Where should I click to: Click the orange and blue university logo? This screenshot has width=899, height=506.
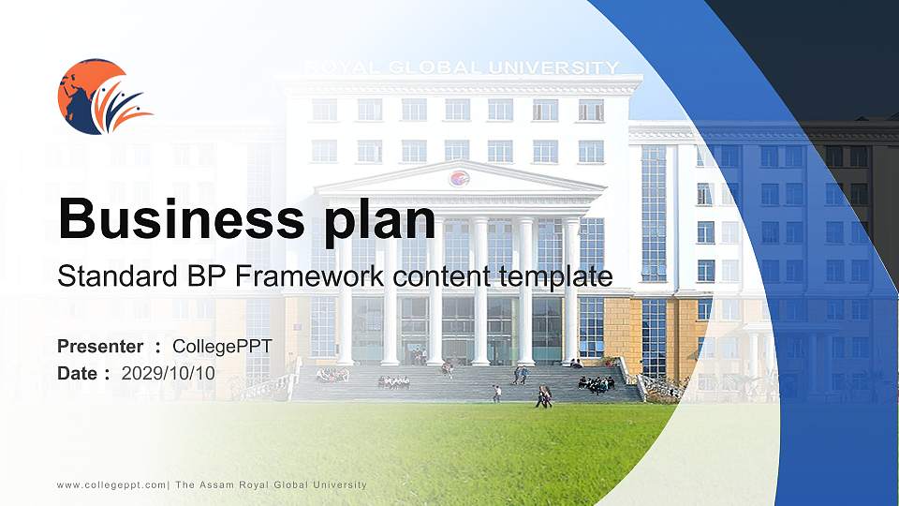102,97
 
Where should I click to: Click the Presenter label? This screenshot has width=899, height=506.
100,347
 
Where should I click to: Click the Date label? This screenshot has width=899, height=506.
79,373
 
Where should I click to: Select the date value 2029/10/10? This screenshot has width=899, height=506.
169,373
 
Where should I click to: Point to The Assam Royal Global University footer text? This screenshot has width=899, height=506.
271,484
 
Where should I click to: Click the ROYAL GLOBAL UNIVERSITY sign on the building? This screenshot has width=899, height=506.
462,67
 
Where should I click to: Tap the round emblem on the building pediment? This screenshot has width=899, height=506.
459,178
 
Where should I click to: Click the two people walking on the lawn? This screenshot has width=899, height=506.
543,397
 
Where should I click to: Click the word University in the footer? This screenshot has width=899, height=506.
338,484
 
